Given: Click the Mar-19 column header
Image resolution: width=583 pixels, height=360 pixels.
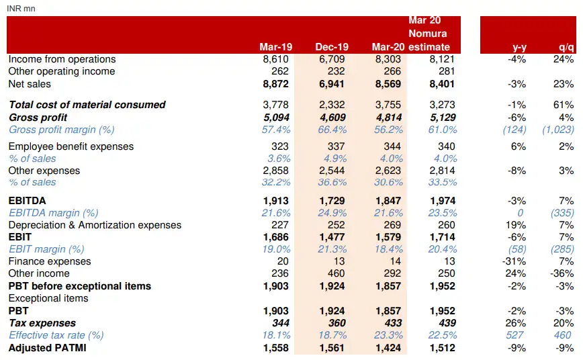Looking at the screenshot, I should point(274,46).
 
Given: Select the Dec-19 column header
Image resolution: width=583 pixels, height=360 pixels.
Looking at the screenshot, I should point(332,46).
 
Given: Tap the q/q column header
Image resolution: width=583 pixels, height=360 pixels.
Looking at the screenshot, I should point(566,46).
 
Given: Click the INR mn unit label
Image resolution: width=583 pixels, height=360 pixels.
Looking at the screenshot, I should point(21,8).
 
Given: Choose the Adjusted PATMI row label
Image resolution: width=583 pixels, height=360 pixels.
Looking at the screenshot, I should point(47,348).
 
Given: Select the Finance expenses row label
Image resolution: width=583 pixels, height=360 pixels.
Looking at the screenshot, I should point(50,261).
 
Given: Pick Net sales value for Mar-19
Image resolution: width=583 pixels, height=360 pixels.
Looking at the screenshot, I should point(275,84).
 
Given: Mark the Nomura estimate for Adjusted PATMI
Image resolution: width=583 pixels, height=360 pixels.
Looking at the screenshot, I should point(442,348).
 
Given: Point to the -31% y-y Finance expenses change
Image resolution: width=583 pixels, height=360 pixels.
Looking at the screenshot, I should point(515,261).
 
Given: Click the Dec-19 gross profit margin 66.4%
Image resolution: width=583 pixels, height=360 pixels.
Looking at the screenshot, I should point(333,130).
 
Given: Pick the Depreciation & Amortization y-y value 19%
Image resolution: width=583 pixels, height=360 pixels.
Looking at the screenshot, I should point(517,225).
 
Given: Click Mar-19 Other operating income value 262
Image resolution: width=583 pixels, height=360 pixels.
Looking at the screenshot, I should point(279,71).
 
